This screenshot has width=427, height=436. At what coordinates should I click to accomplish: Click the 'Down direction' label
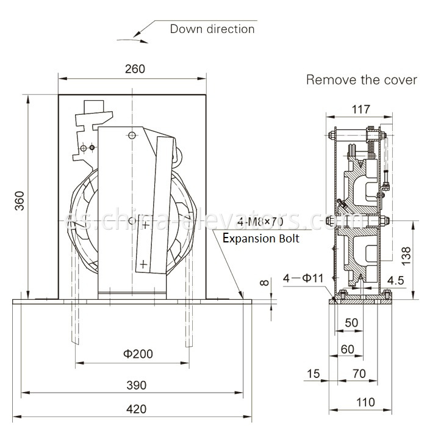tap(212, 29)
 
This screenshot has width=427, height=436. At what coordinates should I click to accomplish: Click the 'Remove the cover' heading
tap(361, 80)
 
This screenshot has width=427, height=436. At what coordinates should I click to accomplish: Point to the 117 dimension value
tap(361, 110)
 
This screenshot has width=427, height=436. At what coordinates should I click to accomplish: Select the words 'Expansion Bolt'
tap(260, 238)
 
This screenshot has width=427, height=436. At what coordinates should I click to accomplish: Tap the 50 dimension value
tap(351, 322)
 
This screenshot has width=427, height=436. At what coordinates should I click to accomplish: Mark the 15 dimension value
tap(314, 373)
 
